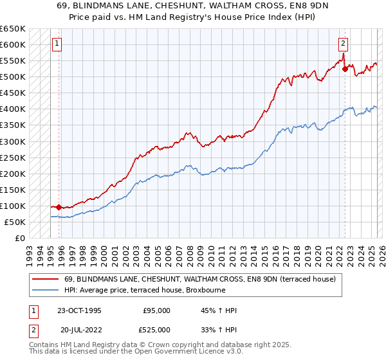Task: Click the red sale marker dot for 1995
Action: [x=59, y=207]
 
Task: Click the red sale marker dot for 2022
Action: [x=345, y=69]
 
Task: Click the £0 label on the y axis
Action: [x=21, y=238]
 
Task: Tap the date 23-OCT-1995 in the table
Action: [x=79, y=310]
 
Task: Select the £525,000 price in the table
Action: [x=156, y=330]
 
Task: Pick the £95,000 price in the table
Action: [x=156, y=310]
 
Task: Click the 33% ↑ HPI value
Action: [x=219, y=330]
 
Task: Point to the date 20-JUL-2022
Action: [x=79, y=330]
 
